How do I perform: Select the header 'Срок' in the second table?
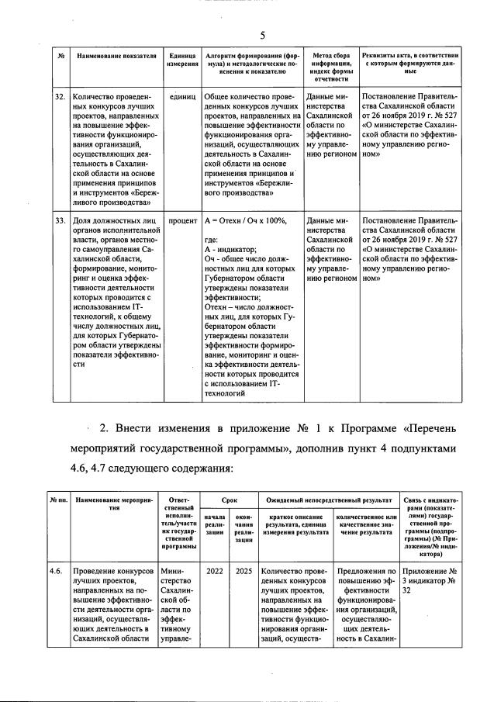(230, 503)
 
